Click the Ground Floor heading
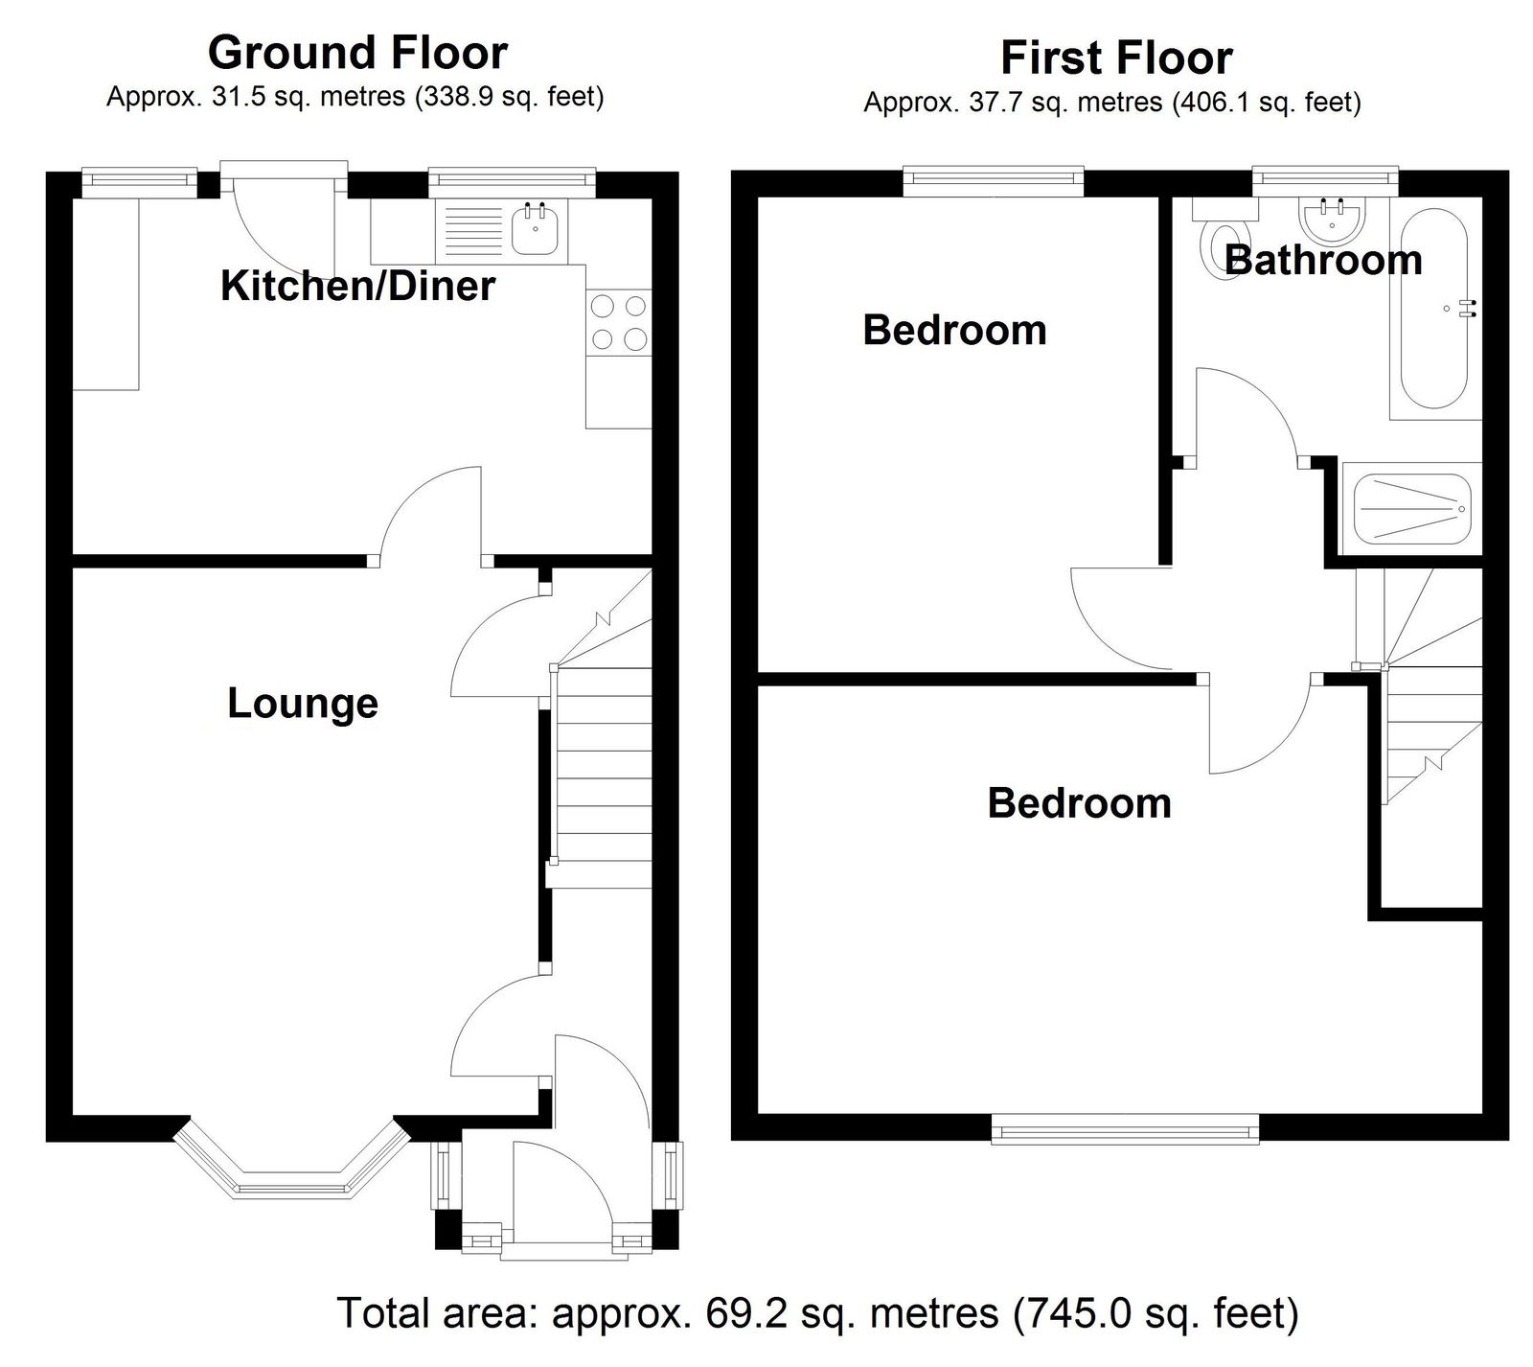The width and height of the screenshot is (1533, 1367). pos(357,53)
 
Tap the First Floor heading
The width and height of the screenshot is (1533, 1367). pos(1116,58)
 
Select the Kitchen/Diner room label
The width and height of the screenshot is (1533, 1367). pos(357,286)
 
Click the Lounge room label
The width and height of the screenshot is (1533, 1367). pos(303,704)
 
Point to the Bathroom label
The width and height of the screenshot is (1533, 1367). pos(1323,260)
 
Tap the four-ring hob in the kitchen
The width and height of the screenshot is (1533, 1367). pos(619,323)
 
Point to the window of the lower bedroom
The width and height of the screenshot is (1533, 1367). pos(1125,1129)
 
